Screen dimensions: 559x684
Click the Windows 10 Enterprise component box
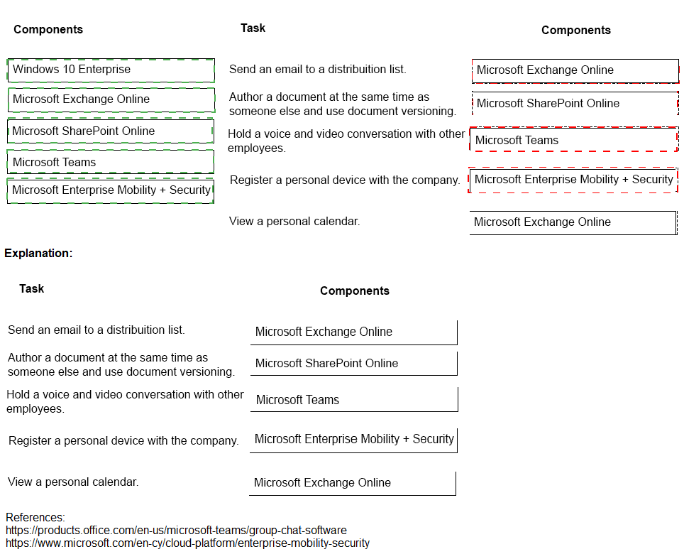click(111, 70)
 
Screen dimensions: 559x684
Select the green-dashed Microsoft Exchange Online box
click(111, 99)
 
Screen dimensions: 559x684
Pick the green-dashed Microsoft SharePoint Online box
click(111, 131)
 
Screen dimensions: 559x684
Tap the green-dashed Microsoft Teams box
click(111, 162)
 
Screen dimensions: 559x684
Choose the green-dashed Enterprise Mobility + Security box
click(111, 190)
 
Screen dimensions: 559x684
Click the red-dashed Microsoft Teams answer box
click(573, 140)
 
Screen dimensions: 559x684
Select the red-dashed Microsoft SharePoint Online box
click(575, 104)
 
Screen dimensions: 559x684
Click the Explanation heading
click(38, 253)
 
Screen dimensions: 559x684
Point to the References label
click(35, 517)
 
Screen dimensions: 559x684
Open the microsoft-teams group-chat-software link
click(176, 530)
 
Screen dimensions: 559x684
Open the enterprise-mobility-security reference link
click(187, 543)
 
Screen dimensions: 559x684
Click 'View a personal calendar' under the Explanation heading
click(73, 482)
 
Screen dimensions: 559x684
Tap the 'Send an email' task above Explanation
click(317, 69)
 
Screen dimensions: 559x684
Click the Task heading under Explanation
click(31, 288)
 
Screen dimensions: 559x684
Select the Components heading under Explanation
click(354, 291)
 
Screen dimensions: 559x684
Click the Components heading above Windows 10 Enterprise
click(48, 29)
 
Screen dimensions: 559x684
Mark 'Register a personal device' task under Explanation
click(123, 440)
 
